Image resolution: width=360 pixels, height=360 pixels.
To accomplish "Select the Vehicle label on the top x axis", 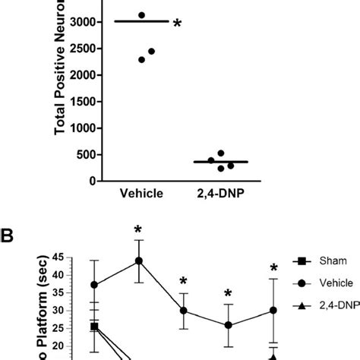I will [141, 194].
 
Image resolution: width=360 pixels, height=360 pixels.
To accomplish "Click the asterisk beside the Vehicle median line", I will [178, 24].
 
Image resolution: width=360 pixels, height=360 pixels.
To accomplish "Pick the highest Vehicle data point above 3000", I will [141, 15].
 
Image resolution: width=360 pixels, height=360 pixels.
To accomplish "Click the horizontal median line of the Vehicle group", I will [141, 22].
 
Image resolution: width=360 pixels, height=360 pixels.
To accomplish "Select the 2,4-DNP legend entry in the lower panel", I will [335, 304].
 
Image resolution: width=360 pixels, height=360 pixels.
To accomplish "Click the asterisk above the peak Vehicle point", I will [138, 230].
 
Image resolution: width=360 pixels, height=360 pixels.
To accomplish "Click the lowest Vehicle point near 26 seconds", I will [229, 325].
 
